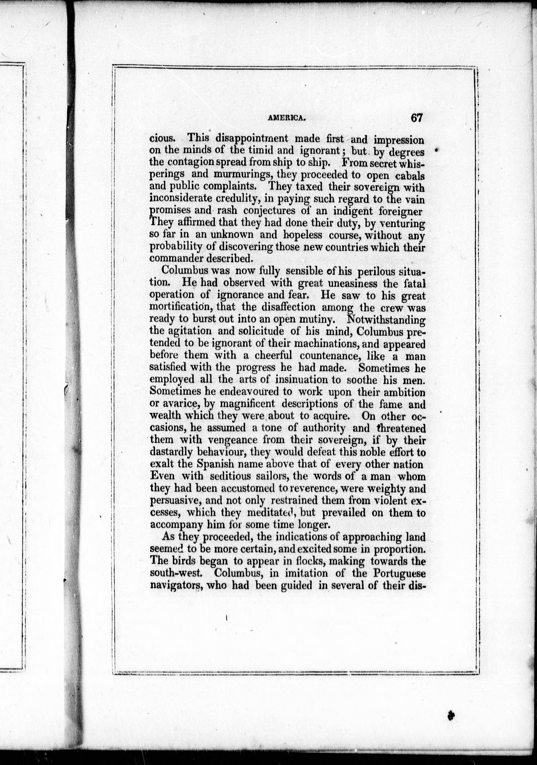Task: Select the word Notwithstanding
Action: coord(386,319)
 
